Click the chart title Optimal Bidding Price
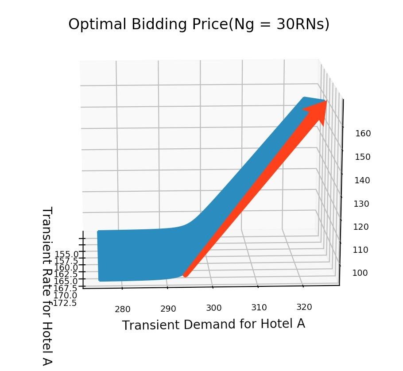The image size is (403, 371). point(199,24)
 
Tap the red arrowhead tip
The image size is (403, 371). point(326,101)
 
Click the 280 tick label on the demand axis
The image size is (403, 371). point(123,309)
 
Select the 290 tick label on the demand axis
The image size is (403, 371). point(168,309)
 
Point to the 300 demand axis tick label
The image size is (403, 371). point(213,308)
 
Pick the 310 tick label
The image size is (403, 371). point(259,307)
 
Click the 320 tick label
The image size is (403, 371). point(304,307)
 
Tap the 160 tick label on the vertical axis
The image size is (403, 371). point(363,133)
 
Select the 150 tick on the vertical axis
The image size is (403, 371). point(363,157)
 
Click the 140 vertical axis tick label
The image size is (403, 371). point(363,180)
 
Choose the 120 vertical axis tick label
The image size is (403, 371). point(361,227)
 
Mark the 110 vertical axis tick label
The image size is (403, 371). point(361,250)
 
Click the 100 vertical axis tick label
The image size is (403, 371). point(360,273)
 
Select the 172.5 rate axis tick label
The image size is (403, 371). point(65,303)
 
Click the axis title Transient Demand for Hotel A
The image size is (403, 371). point(213,325)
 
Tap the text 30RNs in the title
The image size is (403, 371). point(301,24)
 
